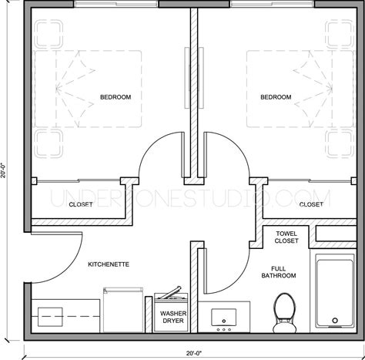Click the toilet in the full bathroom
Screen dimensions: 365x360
pos(284,313)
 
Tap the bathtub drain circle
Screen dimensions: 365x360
pos(335,321)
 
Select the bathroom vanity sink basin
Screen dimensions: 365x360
pos(223,318)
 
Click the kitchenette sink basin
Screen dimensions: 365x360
pos(50,317)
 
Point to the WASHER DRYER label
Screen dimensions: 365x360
pos(173,317)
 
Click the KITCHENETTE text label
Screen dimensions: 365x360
pos(109,264)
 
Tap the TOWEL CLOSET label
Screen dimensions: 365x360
pos(286,237)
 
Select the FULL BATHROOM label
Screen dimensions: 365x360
pos(279,272)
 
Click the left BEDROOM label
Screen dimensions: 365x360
pos(116,97)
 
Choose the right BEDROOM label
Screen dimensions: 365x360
pos(276,97)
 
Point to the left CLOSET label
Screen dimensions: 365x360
pos(81,204)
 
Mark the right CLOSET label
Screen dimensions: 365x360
pos(311,204)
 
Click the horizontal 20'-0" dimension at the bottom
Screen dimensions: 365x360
pos(194,353)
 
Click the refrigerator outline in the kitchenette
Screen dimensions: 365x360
pos(123,310)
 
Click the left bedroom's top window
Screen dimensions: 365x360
pos(116,4)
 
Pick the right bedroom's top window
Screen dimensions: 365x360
pos(272,4)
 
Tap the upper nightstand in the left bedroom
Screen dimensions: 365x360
pos(49,35)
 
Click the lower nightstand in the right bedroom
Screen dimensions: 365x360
pos(340,143)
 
